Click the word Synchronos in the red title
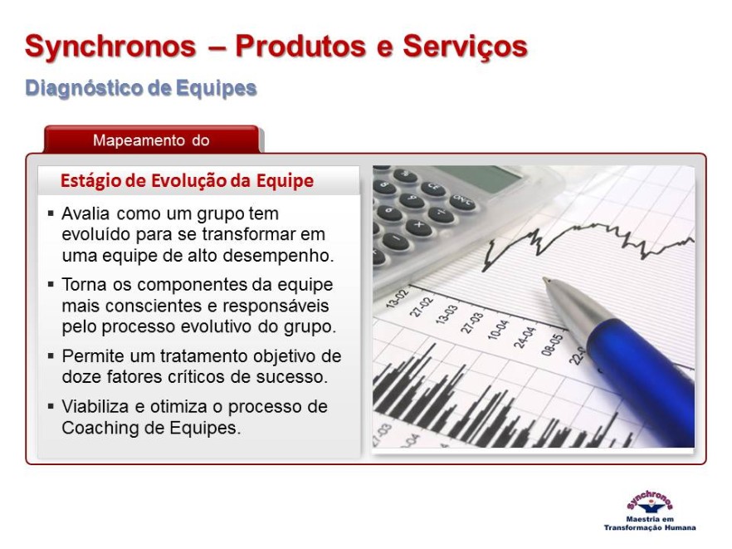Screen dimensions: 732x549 pos(110,47)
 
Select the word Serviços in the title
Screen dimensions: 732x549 pos(465,47)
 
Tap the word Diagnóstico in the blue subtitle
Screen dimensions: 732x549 pos(84,88)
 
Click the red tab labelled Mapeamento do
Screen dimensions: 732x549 pos(151,140)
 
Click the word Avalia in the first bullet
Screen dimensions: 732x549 pos(85,213)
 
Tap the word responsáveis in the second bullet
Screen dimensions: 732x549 pos(276,306)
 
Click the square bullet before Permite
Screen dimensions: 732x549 pos(51,356)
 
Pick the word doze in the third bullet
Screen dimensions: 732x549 pos(81,376)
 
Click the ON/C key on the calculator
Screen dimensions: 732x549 pos(461,202)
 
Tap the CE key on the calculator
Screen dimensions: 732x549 pos(433,188)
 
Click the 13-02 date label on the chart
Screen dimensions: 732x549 pos(398,298)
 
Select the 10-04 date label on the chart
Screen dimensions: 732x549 pos(498,329)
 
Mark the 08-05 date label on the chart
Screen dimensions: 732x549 pos(552,345)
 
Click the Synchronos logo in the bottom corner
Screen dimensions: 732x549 pos(649,511)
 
